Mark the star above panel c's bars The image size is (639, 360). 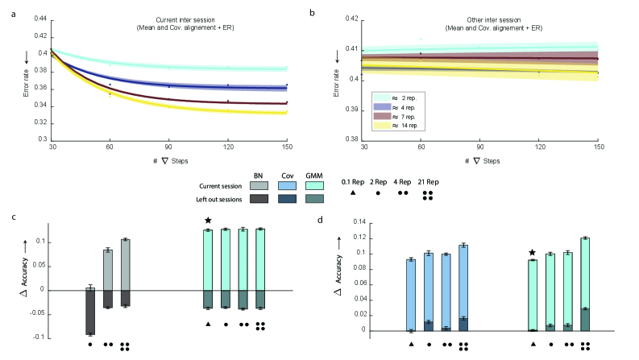(208, 221)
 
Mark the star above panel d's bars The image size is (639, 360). (530, 252)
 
